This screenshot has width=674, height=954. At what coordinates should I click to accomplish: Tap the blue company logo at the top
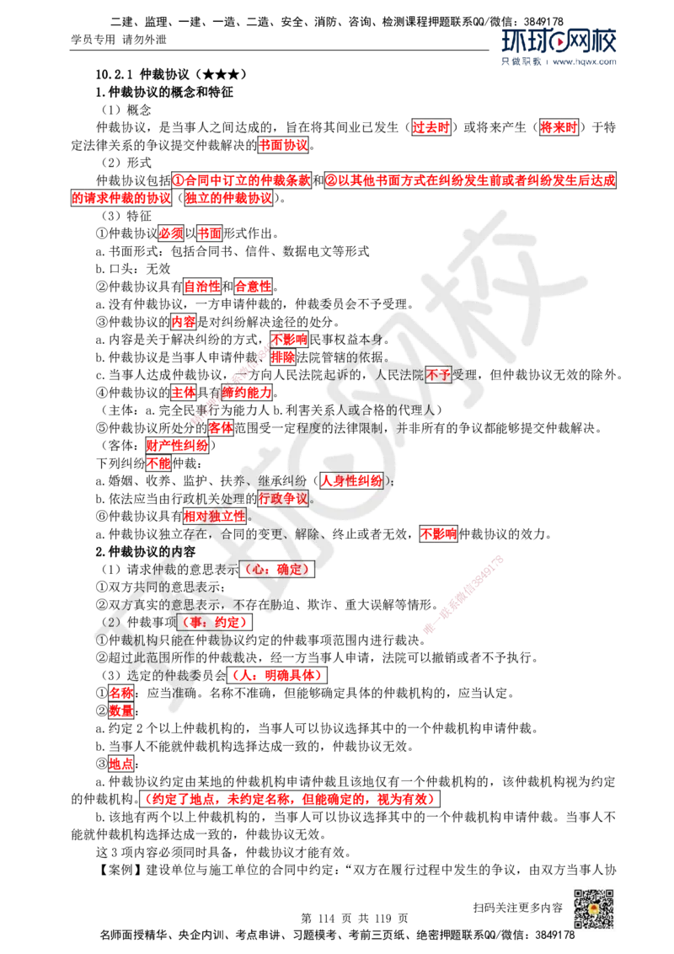[x=559, y=46]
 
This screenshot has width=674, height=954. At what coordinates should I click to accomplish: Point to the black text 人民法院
[x=401, y=375]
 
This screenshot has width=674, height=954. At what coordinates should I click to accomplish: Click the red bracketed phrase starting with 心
[x=278, y=569]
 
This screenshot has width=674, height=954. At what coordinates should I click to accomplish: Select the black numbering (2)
[x=113, y=622]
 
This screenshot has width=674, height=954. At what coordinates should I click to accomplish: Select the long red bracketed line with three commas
[x=289, y=799]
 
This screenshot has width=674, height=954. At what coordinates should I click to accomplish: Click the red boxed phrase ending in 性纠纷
[x=352, y=481]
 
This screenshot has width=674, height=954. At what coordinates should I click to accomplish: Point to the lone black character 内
[x=176, y=551]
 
